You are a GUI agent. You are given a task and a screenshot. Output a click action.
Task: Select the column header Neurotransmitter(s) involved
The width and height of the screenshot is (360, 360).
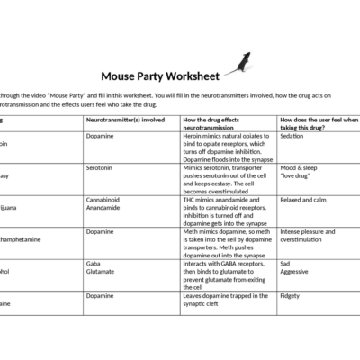point(125,119)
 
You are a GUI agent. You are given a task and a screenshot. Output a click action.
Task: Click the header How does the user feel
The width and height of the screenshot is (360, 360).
point(319,123)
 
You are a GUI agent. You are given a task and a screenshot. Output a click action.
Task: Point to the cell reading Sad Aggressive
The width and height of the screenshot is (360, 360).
point(297,270)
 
